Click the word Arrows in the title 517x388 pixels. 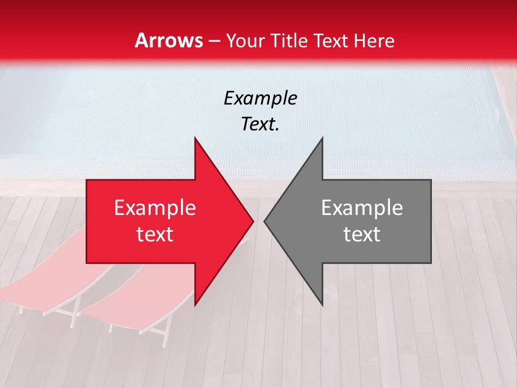(x=169, y=40)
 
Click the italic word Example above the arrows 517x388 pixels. (x=260, y=98)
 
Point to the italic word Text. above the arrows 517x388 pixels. (x=260, y=124)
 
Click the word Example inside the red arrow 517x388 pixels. (x=155, y=208)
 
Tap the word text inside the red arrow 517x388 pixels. (x=155, y=234)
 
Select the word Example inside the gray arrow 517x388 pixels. (x=362, y=208)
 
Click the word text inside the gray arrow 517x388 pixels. (x=362, y=234)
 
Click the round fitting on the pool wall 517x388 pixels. (x=497, y=114)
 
